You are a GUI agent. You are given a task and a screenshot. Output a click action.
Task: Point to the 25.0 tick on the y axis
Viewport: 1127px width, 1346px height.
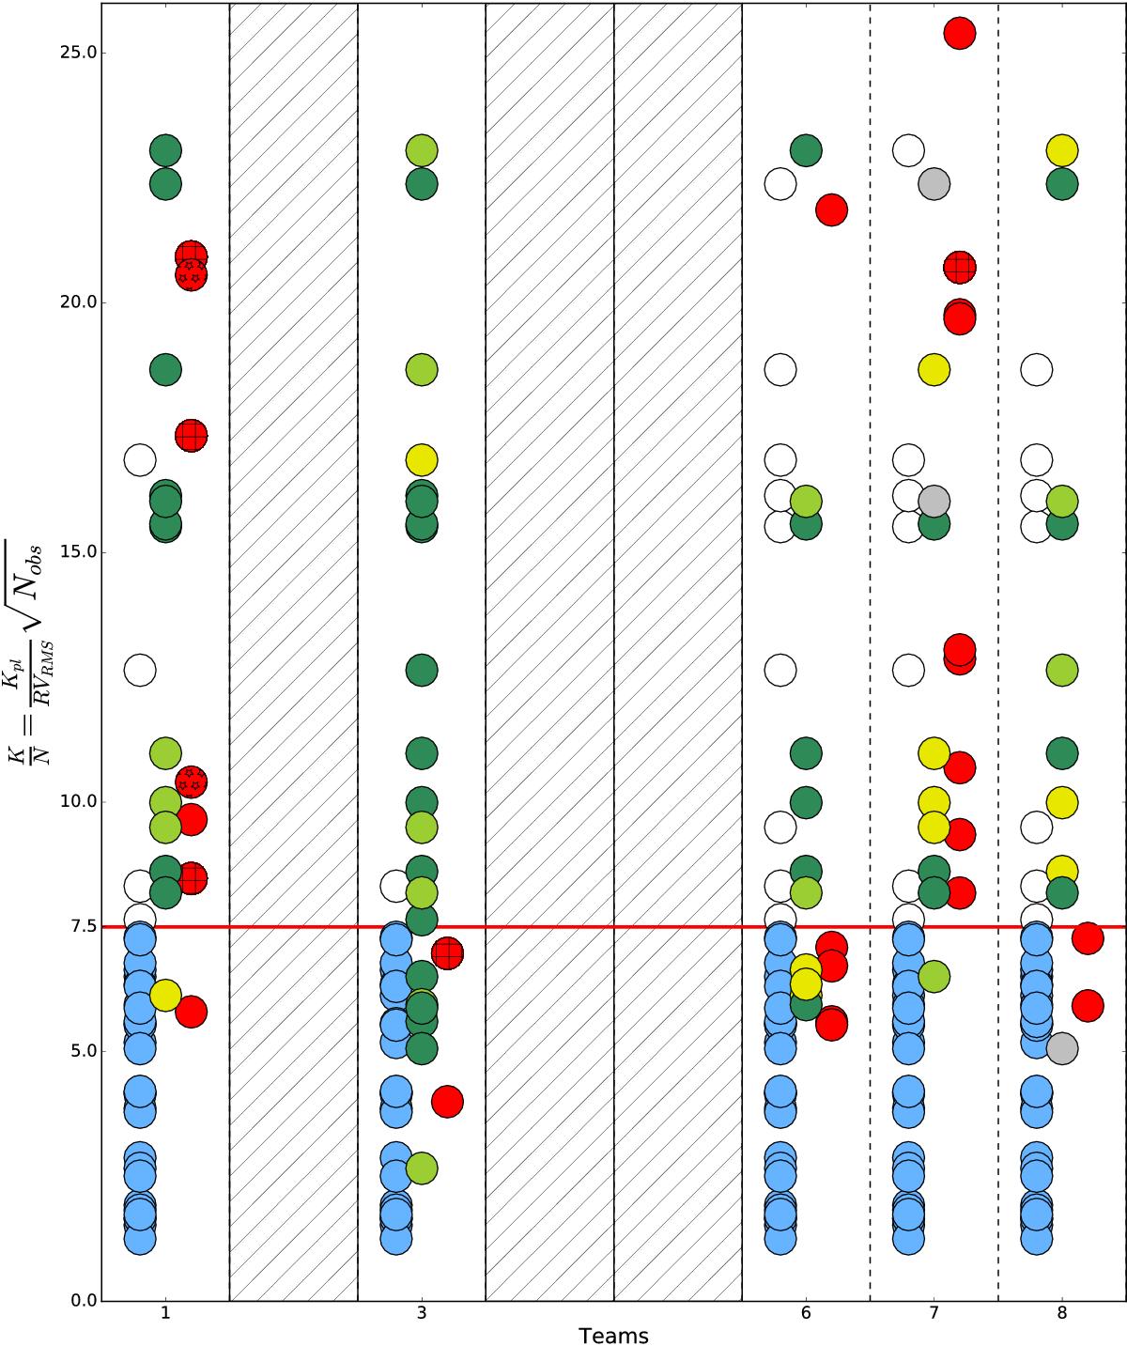coord(77,53)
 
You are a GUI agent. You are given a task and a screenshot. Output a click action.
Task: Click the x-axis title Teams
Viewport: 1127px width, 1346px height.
coord(613,1335)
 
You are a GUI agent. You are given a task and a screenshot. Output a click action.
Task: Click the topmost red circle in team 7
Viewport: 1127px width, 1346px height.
coord(959,33)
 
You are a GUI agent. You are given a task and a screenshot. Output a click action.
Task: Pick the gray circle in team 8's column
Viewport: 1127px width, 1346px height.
coord(1061,1048)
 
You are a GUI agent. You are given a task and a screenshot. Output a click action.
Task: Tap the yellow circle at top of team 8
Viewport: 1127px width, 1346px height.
coord(1061,150)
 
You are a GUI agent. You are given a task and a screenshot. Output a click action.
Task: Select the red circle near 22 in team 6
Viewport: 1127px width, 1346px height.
coord(831,209)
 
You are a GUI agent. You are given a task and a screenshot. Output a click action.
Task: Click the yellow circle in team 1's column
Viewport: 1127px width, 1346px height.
coord(165,995)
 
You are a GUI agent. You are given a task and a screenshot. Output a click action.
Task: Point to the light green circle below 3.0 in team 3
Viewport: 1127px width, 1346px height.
coord(422,1168)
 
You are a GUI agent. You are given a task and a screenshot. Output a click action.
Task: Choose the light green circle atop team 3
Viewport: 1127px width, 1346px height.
coord(422,150)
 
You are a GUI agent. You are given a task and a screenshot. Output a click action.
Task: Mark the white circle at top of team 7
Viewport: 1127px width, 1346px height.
coord(908,150)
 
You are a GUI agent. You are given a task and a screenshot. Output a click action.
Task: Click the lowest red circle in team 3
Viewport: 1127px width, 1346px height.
coord(447,1101)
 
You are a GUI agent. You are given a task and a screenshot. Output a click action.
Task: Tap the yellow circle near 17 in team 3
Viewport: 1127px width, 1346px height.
coord(422,460)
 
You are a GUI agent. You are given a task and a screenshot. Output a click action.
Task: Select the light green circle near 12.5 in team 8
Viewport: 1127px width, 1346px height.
coord(1061,670)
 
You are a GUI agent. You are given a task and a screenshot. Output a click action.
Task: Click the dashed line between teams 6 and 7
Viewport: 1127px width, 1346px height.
coord(870,658)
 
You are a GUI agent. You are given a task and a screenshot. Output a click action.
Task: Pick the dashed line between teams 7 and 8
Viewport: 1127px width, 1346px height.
coord(997,658)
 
